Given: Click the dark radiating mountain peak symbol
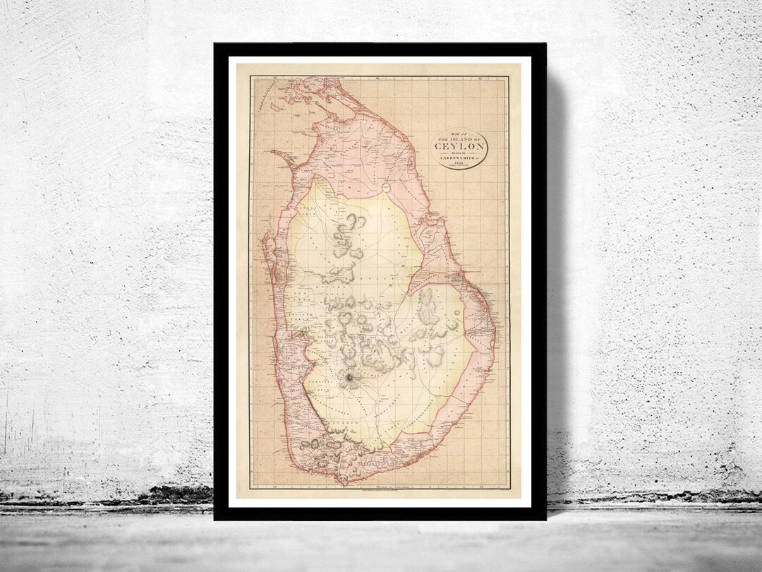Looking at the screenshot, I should [349, 379].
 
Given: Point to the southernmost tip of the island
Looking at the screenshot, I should [344, 484].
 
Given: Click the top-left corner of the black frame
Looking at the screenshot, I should [215, 44].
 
